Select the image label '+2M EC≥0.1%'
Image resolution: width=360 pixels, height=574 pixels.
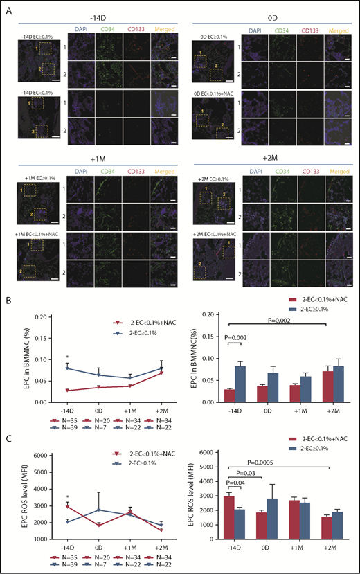210,179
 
